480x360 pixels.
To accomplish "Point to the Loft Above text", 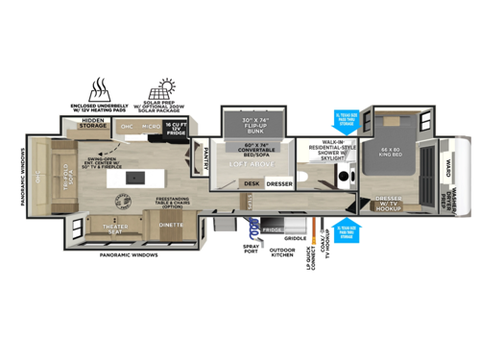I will [x=251, y=164].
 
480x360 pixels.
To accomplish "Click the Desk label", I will [x=252, y=182].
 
